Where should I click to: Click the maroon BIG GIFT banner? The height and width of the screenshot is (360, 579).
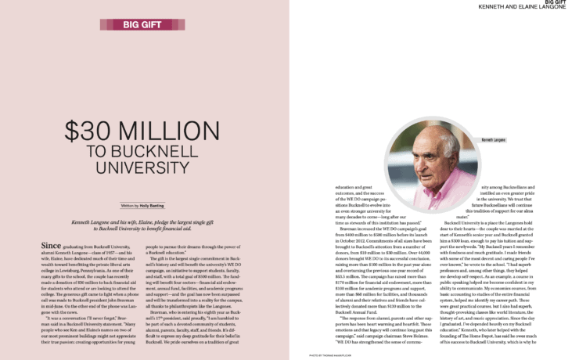143,24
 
